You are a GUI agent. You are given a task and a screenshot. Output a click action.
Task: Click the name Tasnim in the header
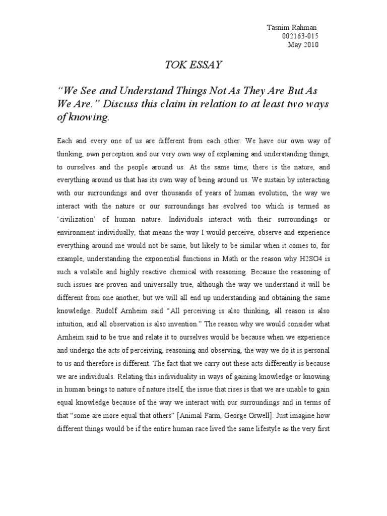277,27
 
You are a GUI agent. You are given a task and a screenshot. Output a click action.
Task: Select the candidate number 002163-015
301,36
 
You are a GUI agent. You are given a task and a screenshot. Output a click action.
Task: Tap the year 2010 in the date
310,45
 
